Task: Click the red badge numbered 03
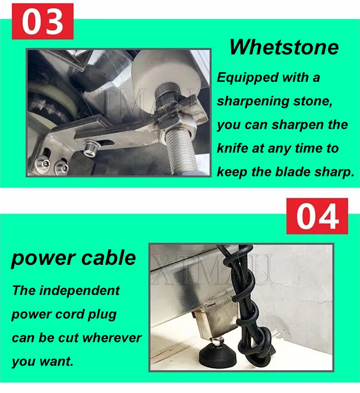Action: point(43,21)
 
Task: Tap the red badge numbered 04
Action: point(317,216)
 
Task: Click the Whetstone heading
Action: point(284,47)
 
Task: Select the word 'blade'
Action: point(293,172)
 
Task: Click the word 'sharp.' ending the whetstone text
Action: point(334,172)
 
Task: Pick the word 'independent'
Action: point(79,291)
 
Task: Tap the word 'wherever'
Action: point(112,338)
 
